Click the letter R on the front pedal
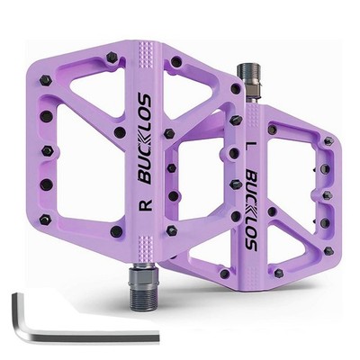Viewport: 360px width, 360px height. [147, 204]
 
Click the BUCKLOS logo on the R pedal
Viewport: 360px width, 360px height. [145, 139]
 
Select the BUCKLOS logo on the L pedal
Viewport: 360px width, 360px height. [251, 210]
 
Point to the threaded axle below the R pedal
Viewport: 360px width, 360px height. [139, 284]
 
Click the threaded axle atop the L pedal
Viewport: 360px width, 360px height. [247, 81]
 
